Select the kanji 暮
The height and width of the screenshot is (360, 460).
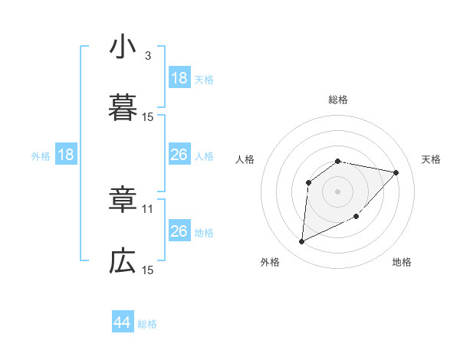[x=123, y=108]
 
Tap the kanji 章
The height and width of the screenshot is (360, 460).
[x=123, y=200]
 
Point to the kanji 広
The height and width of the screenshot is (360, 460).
[x=123, y=262]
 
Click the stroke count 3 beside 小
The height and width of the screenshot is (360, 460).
[x=148, y=55]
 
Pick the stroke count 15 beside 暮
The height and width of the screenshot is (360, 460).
[x=148, y=117]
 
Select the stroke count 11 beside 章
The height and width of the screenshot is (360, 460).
[x=148, y=208]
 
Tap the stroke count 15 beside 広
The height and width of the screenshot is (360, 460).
[x=148, y=270]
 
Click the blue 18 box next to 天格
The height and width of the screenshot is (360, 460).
[x=179, y=78]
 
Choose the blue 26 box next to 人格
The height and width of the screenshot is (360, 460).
[x=179, y=155]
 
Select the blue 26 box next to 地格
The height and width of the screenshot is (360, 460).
[x=179, y=231]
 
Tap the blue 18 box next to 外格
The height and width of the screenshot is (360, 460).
[x=66, y=155]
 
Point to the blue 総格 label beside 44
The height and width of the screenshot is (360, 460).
[x=147, y=324]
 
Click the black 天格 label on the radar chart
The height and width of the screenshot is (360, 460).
[x=432, y=159]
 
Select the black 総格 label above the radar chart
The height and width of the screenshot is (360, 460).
[x=338, y=100]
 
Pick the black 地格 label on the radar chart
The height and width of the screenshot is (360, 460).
[x=402, y=262]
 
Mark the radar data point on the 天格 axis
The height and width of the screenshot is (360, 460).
[x=396, y=172]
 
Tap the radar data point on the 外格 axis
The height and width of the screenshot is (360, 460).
[x=301, y=242]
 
